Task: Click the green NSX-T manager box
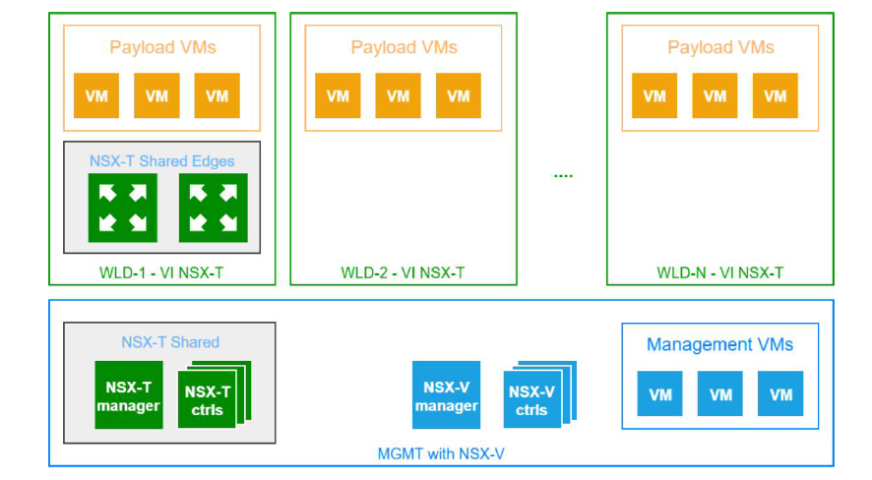(x=128, y=394)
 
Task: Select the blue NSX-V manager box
(x=446, y=394)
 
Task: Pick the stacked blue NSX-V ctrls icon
(x=532, y=398)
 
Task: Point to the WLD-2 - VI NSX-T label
(x=404, y=272)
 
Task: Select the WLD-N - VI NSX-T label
(x=720, y=272)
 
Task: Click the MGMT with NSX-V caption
(x=441, y=453)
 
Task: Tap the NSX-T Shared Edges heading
(x=162, y=160)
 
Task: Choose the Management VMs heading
(x=719, y=344)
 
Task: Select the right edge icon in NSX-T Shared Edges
(x=213, y=208)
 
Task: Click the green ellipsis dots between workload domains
(x=563, y=176)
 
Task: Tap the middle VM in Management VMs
(x=720, y=393)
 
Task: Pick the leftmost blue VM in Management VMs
(x=660, y=393)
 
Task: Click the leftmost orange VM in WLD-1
(x=96, y=95)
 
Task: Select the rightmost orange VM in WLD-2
(x=459, y=95)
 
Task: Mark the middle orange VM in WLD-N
(x=715, y=95)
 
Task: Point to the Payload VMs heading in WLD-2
(x=404, y=47)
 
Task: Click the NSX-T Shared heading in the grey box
(x=170, y=342)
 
